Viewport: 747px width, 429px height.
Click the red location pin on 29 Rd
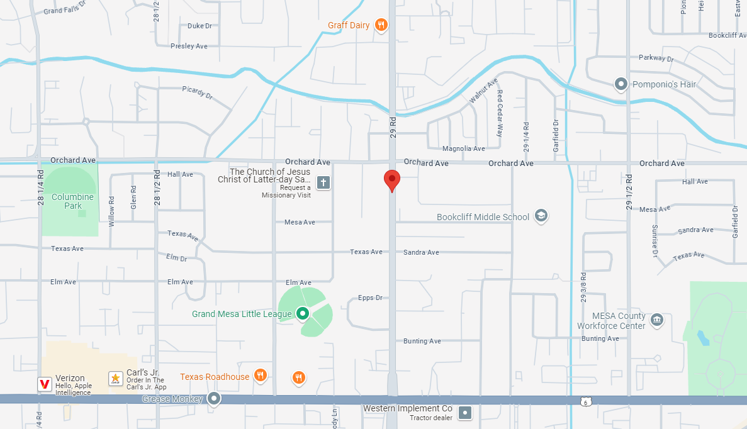point(392,180)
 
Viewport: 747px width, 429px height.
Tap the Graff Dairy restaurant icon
point(381,25)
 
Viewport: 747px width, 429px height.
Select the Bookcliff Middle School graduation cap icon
point(541,216)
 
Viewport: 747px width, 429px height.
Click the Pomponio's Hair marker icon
point(621,84)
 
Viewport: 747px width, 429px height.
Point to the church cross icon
point(323,183)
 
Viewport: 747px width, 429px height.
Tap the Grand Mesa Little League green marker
point(303,313)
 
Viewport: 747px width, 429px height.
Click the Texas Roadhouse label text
point(215,377)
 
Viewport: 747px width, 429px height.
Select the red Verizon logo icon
point(45,384)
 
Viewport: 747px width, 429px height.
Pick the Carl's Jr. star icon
point(116,378)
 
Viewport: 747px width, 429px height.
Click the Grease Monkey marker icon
point(215,398)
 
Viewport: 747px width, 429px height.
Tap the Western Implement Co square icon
point(465,413)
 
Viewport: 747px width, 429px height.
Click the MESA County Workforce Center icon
point(656,320)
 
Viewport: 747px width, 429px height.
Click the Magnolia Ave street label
point(464,148)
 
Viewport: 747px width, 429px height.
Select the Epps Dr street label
point(370,298)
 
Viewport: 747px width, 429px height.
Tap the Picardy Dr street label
point(197,92)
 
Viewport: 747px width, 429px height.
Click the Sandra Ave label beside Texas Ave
point(421,252)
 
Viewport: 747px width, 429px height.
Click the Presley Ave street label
point(189,46)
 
